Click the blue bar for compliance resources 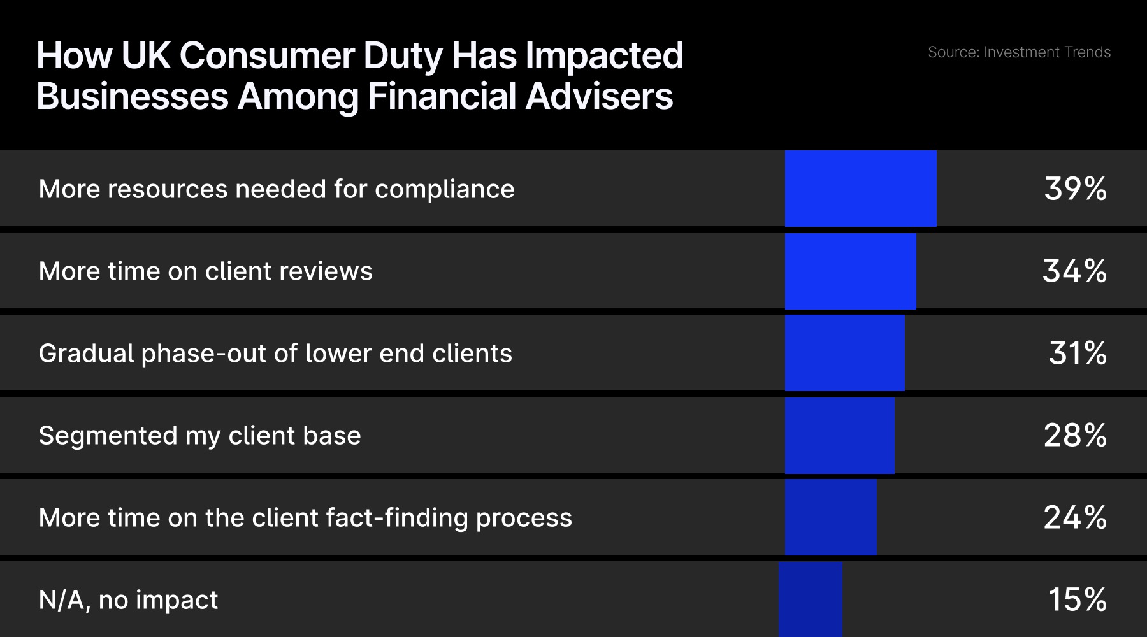(x=860, y=189)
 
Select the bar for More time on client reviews (x=850, y=271)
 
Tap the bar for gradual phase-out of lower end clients (x=844, y=353)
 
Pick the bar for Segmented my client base (x=839, y=436)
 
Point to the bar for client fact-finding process (x=830, y=517)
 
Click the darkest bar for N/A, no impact (x=810, y=599)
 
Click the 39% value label (x=1075, y=189)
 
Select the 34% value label (x=1074, y=271)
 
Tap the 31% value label (x=1077, y=353)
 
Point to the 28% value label (x=1075, y=436)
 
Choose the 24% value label (x=1075, y=517)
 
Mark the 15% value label (x=1077, y=599)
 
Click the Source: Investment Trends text (x=1018, y=52)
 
